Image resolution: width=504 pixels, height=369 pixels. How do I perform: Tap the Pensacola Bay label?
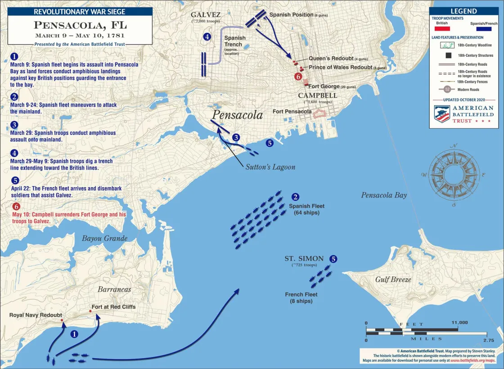coord(383,195)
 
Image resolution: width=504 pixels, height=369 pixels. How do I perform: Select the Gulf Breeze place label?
coord(393,279)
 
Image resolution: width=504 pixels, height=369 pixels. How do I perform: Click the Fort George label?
coord(324,86)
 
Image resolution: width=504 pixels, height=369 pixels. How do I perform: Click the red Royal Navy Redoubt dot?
coord(62,320)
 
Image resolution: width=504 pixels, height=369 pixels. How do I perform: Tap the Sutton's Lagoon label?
coord(270,167)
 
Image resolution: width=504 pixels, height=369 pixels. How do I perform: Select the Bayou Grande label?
coord(104,238)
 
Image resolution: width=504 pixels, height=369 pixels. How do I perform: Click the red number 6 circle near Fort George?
coord(298,76)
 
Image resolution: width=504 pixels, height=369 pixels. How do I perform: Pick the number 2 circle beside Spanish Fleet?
coord(295,197)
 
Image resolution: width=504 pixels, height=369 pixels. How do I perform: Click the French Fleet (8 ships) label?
coord(301,298)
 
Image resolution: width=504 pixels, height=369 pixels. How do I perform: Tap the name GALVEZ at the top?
coord(205,14)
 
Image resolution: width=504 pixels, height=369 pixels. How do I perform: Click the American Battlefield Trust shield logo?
coord(441,114)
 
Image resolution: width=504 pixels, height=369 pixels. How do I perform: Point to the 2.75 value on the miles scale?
coord(488,340)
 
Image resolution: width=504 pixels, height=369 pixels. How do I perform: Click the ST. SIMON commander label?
coord(304,258)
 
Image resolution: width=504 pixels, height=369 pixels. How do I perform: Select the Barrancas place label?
coord(114,289)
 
